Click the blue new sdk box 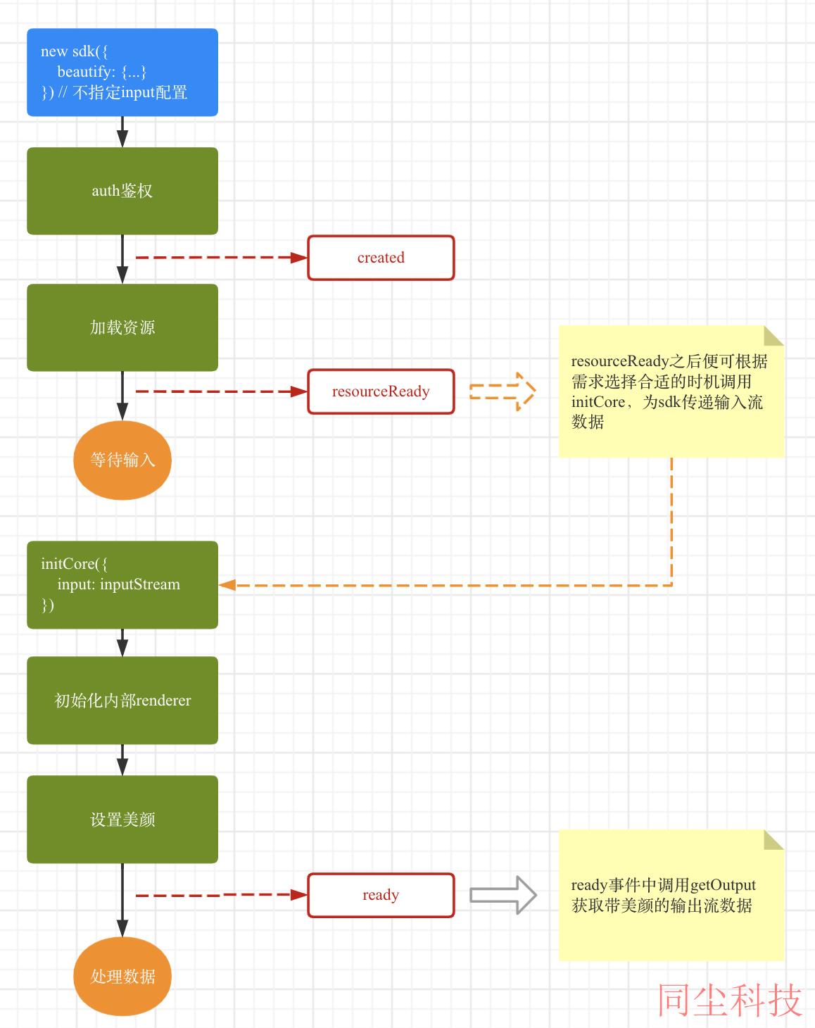click(122, 72)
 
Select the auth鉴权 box click(122, 191)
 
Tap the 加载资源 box click(122, 327)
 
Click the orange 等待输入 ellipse click(122, 460)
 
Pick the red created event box click(381, 258)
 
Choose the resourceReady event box click(381, 391)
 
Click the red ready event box click(381, 895)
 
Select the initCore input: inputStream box click(122, 584)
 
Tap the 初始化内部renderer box click(122, 701)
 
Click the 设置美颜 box click(122, 820)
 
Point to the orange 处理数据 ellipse click(122, 977)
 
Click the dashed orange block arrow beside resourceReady click(503, 391)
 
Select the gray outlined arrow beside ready click(503, 895)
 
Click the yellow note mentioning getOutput click(671, 895)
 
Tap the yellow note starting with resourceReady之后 click(671, 391)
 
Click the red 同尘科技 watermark click(729, 1001)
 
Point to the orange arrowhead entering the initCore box click(227, 584)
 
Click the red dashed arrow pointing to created click(222, 258)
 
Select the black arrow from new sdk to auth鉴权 click(122, 132)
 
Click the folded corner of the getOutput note click(774, 840)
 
